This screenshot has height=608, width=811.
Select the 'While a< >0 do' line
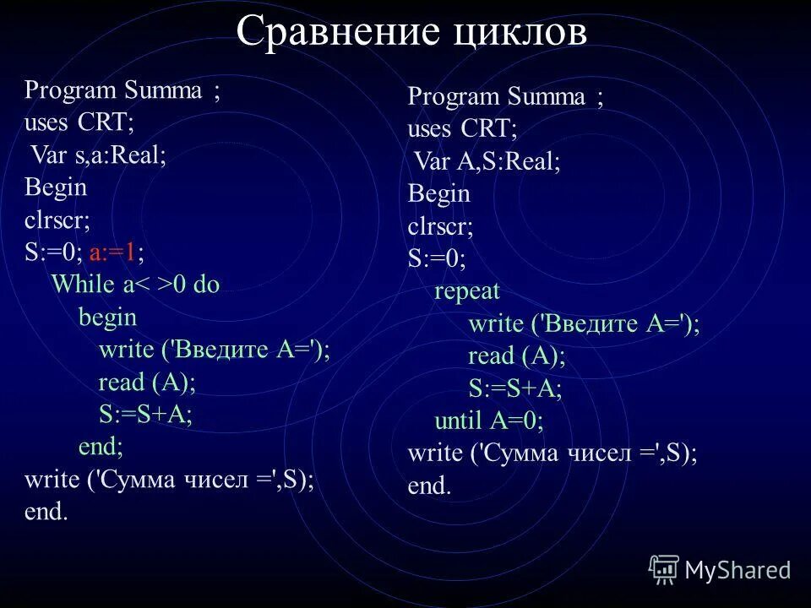(135, 285)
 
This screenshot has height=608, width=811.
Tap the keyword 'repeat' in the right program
(467, 292)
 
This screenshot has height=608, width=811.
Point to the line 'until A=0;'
(488, 421)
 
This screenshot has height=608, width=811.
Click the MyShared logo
(720, 569)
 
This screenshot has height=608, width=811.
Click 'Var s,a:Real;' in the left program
(99, 155)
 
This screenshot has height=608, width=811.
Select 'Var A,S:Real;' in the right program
(487, 162)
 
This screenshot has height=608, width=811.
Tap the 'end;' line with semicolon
(101, 446)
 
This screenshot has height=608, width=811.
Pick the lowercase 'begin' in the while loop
(107, 318)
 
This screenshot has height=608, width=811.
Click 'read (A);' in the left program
(147, 382)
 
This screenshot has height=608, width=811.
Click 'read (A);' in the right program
(516, 356)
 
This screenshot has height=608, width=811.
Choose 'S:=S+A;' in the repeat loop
(515, 388)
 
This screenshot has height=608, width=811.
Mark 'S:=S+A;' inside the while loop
(146, 414)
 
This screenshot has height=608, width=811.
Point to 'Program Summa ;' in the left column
(123, 90)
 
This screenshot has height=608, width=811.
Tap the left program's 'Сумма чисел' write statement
(169, 480)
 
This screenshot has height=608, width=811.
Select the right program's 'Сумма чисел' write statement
(552, 453)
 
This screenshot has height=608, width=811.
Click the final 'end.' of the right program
(429, 486)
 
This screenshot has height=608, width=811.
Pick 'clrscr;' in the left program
(57, 220)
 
